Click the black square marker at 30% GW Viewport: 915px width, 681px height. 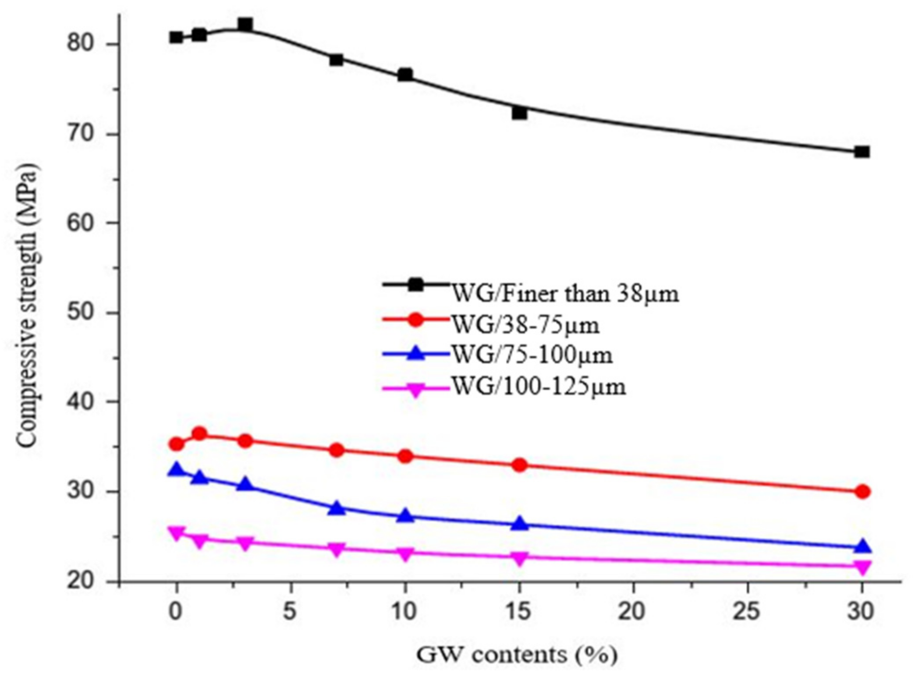tap(862, 152)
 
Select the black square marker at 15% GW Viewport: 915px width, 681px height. tap(519, 113)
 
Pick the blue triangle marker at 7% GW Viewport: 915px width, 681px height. tap(337, 508)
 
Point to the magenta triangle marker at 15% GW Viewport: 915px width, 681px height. tap(519, 558)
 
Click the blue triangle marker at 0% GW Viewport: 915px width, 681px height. tap(177, 470)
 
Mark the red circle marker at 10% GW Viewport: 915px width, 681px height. tap(405, 456)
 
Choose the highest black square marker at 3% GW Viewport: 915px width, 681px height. tap(245, 24)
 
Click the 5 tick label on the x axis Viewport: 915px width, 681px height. tap(290, 611)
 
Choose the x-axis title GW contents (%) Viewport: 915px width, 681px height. tap(516, 655)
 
